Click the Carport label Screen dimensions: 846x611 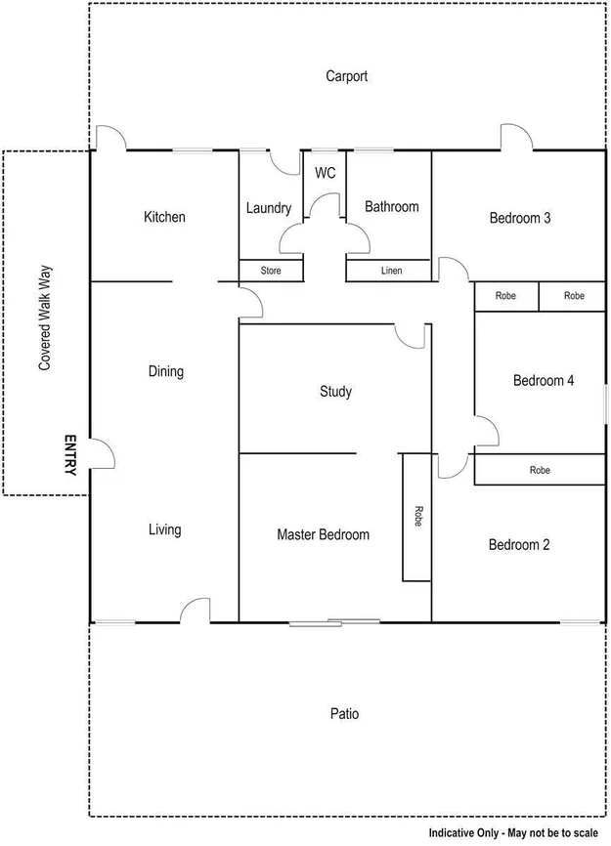point(346,76)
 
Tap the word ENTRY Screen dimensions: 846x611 point(69,455)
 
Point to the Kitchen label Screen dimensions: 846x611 point(164,217)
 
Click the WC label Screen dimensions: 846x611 point(326,173)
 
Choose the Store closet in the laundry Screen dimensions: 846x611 point(271,271)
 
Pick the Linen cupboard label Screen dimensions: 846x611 point(389,271)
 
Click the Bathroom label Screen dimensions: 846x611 point(391,206)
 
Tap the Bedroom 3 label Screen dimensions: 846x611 point(520,218)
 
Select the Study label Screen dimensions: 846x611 point(335,392)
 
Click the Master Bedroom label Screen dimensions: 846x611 point(323,534)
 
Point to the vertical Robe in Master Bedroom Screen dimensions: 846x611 point(416,517)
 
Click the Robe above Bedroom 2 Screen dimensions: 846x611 point(540,470)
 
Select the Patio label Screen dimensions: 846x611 point(344,714)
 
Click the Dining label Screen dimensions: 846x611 point(165,371)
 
